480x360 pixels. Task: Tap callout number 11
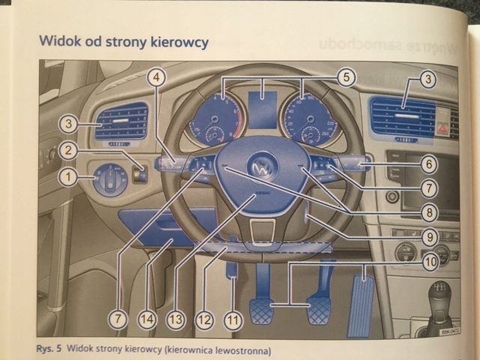(234, 319)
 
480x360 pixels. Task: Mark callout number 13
(175, 319)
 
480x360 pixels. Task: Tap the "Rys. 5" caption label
(49, 349)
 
